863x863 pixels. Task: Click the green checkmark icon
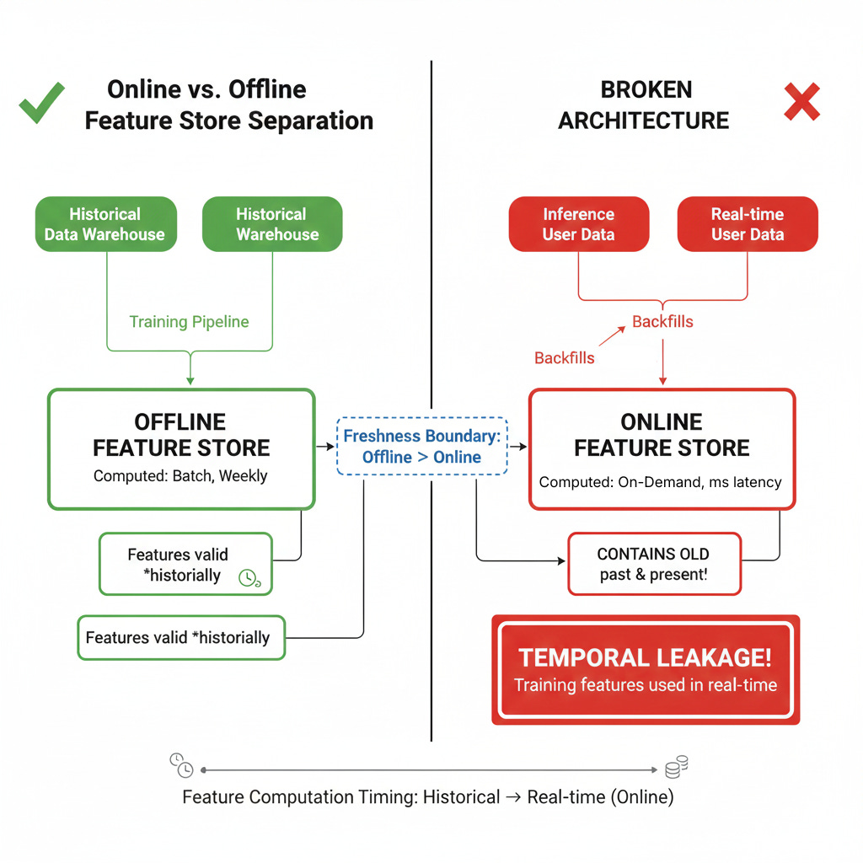tap(42, 104)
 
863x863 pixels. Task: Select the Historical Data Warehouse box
tap(105, 224)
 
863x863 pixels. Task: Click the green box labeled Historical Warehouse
tap(272, 224)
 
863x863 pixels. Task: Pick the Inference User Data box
tap(578, 224)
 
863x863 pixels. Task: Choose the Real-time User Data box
tap(747, 224)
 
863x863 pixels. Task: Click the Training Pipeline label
tap(189, 321)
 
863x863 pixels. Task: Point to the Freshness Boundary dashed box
tap(421, 446)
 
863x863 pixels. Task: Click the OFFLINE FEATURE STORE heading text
tap(181, 435)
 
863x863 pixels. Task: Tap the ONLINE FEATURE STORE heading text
tap(662, 435)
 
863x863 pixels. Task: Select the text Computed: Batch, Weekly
tap(180, 475)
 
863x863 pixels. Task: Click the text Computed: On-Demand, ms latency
tap(661, 482)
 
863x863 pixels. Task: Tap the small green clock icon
tap(249, 577)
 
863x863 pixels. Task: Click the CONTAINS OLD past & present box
tap(654, 565)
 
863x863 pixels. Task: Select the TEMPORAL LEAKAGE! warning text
tap(645, 657)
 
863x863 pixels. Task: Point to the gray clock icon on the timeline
tap(181, 765)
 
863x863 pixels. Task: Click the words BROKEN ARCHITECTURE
tap(644, 105)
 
